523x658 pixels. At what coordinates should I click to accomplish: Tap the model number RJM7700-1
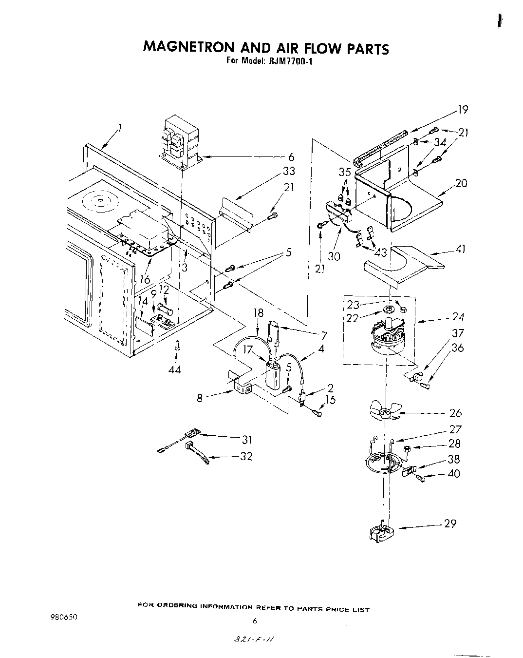[291, 62]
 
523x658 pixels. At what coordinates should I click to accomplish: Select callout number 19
[462, 110]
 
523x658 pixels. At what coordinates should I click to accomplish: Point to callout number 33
[289, 171]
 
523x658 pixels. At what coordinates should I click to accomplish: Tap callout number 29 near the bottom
[450, 523]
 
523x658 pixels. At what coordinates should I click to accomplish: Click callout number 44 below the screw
[174, 370]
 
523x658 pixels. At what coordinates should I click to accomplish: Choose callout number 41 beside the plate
[460, 249]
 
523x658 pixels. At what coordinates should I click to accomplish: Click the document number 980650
[63, 617]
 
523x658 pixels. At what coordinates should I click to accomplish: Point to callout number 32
[247, 456]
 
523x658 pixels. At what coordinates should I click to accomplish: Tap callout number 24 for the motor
[458, 317]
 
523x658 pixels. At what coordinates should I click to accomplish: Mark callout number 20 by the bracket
[460, 183]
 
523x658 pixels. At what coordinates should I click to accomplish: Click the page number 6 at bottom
[254, 621]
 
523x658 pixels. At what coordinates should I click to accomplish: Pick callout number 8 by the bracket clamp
[200, 398]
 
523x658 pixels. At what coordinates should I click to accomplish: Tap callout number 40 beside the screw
[453, 473]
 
